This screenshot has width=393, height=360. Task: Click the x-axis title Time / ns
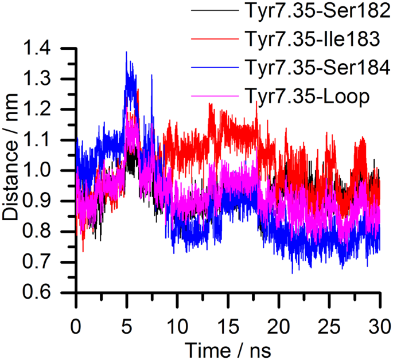228,348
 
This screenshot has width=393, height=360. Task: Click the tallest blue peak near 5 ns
126,52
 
